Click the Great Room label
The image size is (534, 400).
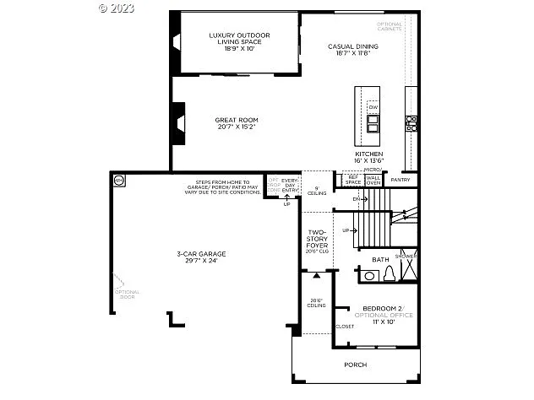tap(236, 123)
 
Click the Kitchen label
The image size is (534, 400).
tap(369, 157)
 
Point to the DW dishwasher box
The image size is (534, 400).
tap(373, 107)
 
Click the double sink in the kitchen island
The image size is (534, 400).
tap(373, 126)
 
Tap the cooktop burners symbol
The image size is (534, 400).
tap(411, 123)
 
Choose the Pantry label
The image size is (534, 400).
tap(400, 180)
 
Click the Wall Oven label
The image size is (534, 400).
tap(373, 180)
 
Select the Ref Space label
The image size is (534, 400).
tap(352, 180)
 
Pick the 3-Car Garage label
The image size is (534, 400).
tap(201, 257)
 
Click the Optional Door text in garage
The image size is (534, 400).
tap(128, 295)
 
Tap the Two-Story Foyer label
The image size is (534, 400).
tap(317, 241)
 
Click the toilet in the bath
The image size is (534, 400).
tap(389, 274)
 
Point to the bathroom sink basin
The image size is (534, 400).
tap(368, 275)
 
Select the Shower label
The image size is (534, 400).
tap(406, 256)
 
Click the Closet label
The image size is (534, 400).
tap(345, 326)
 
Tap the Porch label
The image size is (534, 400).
tap(355, 365)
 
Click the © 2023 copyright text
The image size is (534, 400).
tap(117, 8)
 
